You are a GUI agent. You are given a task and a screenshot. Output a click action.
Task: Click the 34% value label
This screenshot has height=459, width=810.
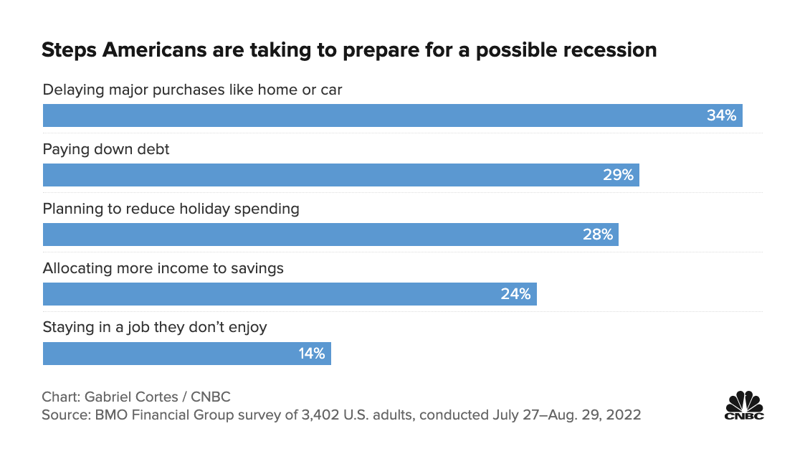click(721, 115)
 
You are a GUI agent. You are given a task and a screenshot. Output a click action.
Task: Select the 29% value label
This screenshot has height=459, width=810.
click(618, 175)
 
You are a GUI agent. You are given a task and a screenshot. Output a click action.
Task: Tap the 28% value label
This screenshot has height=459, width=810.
click(598, 235)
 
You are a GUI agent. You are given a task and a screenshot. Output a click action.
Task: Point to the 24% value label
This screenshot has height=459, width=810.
click(515, 294)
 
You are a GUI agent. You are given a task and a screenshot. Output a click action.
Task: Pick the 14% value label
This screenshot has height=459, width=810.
click(311, 354)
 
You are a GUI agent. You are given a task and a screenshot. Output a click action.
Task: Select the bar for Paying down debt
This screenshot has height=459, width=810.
click(323, 175)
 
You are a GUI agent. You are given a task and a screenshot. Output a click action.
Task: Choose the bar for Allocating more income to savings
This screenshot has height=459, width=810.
click(272, 294)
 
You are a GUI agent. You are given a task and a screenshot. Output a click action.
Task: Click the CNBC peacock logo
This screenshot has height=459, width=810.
click(744, 406)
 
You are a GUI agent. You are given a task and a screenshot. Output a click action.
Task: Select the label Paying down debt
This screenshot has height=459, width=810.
click(106, 149)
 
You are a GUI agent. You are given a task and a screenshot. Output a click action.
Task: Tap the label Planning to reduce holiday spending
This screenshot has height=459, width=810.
click(171, 209)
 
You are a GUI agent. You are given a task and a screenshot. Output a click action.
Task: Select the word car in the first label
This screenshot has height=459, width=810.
click(331, 90)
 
